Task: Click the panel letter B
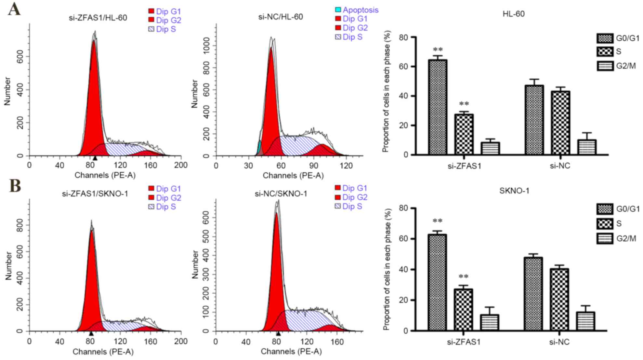click(15, 186)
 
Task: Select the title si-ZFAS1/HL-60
click(98, 18)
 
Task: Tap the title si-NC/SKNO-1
click(281, 194)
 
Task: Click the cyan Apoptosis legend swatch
click(338, 10)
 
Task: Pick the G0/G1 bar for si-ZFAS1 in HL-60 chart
click(437, 107)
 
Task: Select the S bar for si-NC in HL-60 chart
click(560, 123)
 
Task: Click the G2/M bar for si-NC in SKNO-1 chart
click(585, 321)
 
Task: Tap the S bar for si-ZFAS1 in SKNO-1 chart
click(463, 310)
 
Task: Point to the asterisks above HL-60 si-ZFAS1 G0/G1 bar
click(438, 50)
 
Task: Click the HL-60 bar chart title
click(513, 14)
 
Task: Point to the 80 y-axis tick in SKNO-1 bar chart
click(404, 208)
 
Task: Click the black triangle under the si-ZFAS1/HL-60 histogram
click(95, 158)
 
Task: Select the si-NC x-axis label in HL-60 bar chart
click(560, 166)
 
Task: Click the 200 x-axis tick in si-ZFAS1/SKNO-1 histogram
click(181, 341)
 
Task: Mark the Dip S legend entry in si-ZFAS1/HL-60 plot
click(162, 29)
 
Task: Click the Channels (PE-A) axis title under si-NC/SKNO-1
click(291, 352)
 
